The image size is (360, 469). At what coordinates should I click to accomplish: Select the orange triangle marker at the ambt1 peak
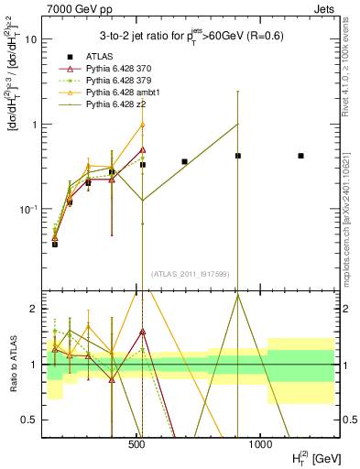pyautogui.click(x=142, y=125)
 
